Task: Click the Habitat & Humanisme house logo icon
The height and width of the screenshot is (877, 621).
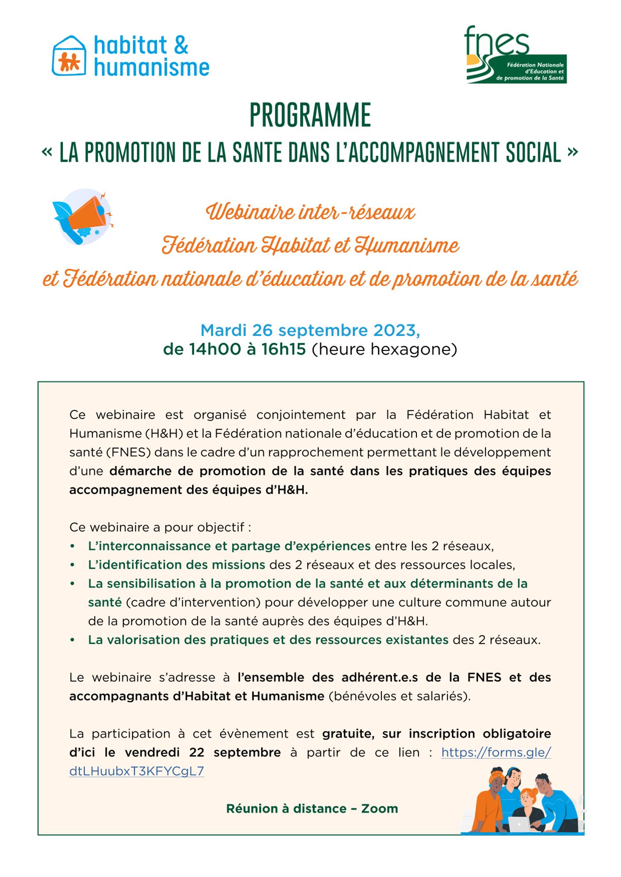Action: pos(69,56)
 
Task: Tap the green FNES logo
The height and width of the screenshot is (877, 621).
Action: pos(515,55)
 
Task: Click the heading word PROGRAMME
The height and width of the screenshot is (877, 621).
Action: pos(310,115)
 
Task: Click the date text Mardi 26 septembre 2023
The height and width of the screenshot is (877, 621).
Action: pos(310,330)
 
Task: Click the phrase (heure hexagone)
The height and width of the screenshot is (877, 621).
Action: pos(384,349)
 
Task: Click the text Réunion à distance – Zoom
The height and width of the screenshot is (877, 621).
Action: pos(312,809)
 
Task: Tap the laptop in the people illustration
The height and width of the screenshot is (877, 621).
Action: pos(519,823)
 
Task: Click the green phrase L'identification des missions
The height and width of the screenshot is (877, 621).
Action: pos(176,565)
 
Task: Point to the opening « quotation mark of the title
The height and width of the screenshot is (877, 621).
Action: pos(47,152)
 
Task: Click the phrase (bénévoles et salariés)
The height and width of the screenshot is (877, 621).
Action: pos(399,696)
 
